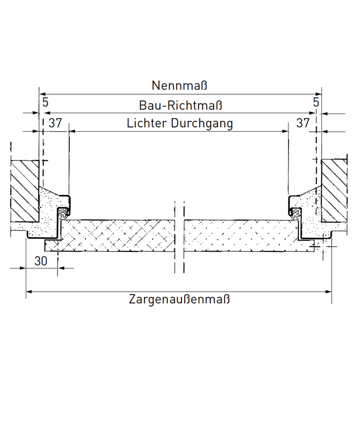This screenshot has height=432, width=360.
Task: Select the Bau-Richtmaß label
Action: click(181, 105)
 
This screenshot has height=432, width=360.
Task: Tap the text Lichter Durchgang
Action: click(179, 124)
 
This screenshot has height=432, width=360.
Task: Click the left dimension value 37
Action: click(55, 123)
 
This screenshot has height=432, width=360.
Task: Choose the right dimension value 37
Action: click(303, 123)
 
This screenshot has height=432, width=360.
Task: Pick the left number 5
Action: click(45, 102)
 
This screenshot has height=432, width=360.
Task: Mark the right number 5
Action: click(316, 102)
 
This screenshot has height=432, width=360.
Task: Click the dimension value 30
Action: click(41, 261)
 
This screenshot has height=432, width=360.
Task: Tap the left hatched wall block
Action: click(25, 190)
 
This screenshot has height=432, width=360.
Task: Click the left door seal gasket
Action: click(64, 212)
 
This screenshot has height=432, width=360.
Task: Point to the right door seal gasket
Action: click(296, 211)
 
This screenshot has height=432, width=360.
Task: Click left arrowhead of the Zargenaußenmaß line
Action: click(28, 292)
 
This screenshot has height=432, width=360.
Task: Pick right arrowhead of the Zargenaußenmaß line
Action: click(329, 292)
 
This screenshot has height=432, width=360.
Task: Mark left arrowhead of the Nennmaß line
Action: click(41, 94)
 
